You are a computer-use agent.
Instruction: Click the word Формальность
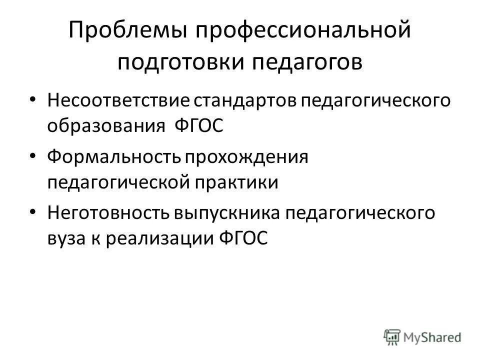(x=114, y=158)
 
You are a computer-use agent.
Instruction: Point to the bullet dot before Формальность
(x=32, y=156)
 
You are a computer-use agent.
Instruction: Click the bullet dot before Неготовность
(x=32, y=212)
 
